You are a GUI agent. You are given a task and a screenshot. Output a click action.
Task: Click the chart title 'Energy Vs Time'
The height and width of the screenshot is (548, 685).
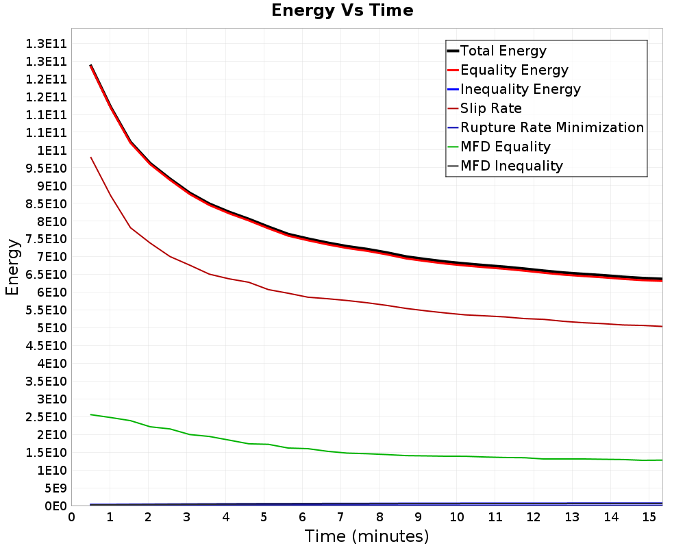pos(342,10)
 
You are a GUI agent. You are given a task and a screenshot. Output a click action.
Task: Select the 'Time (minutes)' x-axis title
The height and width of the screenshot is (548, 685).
pos(366,536)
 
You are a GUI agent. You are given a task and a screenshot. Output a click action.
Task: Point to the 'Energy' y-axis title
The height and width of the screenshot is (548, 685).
pos(12,267)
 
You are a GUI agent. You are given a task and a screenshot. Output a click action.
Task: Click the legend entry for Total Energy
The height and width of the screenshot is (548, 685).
pos(497,51)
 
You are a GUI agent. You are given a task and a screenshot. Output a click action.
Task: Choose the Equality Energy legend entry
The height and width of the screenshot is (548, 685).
pos(508,70)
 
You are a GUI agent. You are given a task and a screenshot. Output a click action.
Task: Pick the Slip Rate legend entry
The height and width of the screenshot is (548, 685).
pos(485,108)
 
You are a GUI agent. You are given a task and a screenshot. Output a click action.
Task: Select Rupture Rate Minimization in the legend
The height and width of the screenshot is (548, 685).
pos(546,127)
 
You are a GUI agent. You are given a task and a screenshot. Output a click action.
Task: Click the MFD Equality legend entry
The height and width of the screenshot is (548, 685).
pos(499,147)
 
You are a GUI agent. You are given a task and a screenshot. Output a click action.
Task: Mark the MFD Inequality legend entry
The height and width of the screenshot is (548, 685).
pos(505,166)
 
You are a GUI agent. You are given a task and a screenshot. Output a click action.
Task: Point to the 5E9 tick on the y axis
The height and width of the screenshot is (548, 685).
pos(55,488)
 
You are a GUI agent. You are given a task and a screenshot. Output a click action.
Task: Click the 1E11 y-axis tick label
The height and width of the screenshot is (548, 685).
pos(52,150)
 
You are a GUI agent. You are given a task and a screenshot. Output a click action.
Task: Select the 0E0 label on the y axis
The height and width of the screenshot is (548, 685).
pos(55,506)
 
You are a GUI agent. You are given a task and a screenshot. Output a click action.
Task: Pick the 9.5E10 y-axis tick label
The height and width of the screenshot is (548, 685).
pos(47,169)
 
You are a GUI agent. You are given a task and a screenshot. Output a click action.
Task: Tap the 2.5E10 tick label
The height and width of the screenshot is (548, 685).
pos(47,417)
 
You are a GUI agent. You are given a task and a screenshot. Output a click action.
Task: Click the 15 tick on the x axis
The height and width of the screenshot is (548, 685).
pos(649,517)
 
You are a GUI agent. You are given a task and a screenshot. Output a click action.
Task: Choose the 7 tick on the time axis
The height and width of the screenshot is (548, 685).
pos(340,517)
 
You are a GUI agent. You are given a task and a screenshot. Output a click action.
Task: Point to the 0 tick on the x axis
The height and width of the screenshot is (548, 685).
pos(71,517)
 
